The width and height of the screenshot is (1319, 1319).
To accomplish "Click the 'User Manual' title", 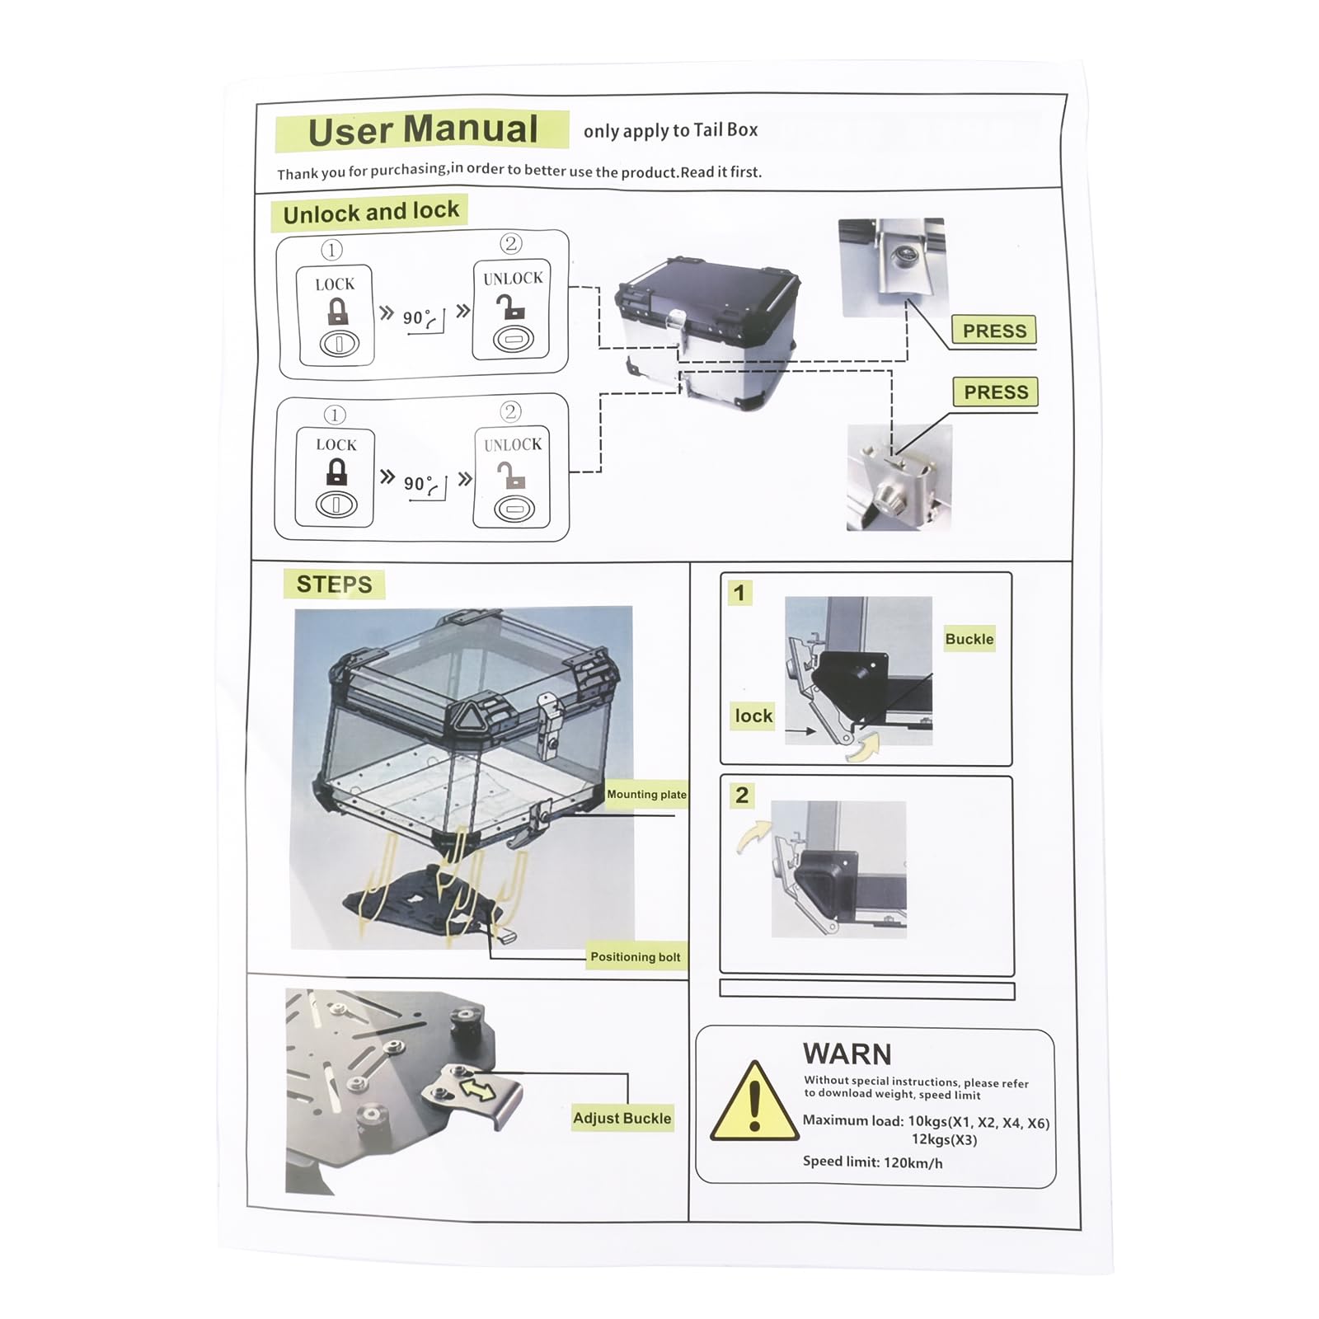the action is click(x=423, y=130).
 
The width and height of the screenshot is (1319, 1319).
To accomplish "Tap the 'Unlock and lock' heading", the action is click(x=371, y=213).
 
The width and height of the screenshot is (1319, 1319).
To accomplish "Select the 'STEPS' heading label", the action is click(x=334, y=584).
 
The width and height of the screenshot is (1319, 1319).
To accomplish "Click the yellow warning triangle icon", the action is click(x=754, y=1101).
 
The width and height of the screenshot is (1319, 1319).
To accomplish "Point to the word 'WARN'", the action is click(x=847, y=1054).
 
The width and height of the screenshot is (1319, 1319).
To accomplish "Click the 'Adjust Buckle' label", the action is click(x=622, y=1118).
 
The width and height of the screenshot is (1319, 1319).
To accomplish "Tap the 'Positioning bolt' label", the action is click(x=636, y=957).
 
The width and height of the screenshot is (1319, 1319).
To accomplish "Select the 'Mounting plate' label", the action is click(x=646, y=795).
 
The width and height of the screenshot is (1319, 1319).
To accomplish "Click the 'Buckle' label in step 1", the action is click(x=969, y=639).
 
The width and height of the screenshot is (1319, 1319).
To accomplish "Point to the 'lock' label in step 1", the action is click(x=753, y=716).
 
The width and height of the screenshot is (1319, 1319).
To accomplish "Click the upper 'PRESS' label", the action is click(x=994, y=331).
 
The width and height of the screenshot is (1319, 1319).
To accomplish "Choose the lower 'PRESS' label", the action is click(x=996, y=392).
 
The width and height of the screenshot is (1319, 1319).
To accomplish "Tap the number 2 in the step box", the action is click(x=742, y=796).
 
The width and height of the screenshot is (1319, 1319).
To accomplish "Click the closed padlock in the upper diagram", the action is click(x=338, y=312).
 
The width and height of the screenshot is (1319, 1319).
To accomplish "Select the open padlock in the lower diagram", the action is click(x=511, y=474).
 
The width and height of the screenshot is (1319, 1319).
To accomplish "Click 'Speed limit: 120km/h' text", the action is click(x=873, y=1162).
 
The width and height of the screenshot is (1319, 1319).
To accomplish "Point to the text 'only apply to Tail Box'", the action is click(x=670, y=130).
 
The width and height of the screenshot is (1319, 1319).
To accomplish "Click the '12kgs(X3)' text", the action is click(x=944, y=1140).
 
